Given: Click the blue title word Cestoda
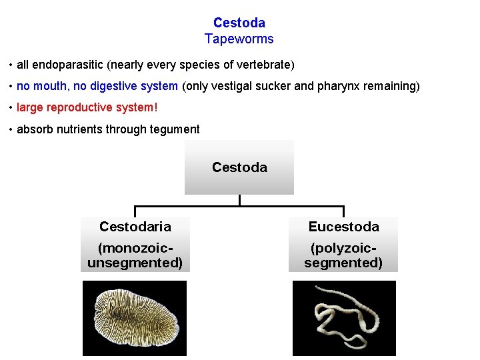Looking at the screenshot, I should tap(239, 23).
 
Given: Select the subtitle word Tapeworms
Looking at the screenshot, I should tap(239, 39).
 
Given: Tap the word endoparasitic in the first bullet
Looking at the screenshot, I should tap(64, 65).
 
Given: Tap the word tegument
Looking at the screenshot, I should tap(175, 129).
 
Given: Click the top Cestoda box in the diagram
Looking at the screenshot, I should tap(239, 167).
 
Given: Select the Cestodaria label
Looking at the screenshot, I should tap(135, 227).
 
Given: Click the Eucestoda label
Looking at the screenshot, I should tap(343, 227).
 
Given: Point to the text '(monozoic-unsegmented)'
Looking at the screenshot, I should tap(135, 255).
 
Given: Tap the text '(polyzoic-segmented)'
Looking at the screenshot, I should tap(343, 255).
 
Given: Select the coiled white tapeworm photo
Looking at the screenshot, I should tap(343, 317).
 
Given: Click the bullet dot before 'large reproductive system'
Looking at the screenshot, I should tap(11, 108).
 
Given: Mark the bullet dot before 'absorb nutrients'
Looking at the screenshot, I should tap(11, 129).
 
